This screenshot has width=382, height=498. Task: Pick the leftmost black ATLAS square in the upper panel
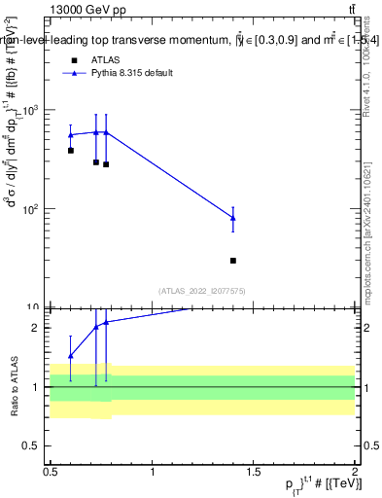click(x=71, y=151)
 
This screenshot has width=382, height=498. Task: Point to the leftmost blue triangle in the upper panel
click(x=71, y=135)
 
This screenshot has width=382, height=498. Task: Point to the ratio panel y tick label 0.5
click(x=33, y=445)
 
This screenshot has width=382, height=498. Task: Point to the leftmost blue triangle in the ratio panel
click(x=71, y=356)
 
